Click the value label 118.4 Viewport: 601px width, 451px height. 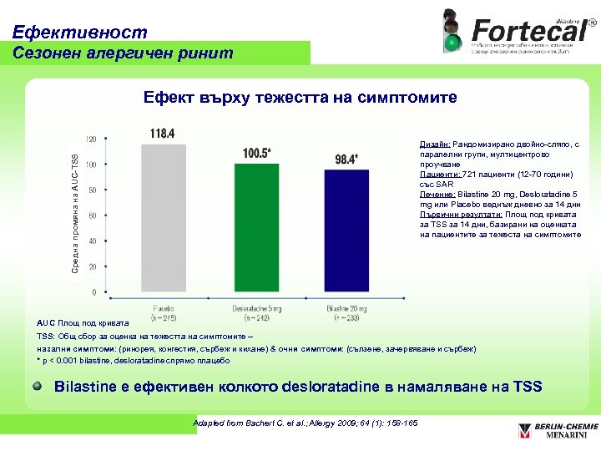click(x=163, y=133)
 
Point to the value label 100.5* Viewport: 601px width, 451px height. click(x=257, y=154)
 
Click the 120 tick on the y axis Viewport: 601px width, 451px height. click(x=91, y=139)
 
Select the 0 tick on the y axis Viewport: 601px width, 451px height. click(x=93, y=292)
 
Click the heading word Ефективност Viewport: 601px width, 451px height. click(x=80, y=33)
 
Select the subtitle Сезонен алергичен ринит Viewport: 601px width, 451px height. click(x=124, y=53)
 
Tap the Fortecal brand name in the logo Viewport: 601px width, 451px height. click(x=528, y=29)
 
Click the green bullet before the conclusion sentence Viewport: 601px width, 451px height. click(x=38, y=387)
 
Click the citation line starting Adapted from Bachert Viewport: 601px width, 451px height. click(x=306, y=423)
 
